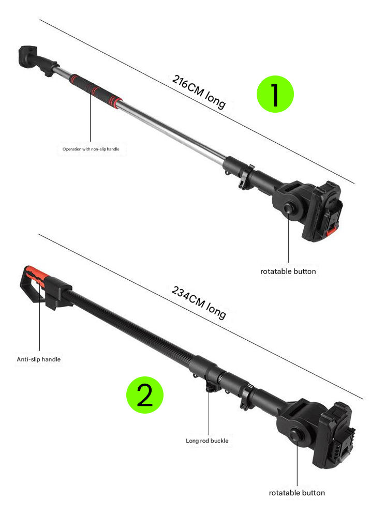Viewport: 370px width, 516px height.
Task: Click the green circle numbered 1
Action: tap(275, 94)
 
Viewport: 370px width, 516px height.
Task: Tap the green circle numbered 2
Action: tap(145, 395)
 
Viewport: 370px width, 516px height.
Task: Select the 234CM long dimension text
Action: tap(199, 302)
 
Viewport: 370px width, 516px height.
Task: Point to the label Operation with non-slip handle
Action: tap(91, 149)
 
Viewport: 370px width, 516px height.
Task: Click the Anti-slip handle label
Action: tap(38, 359)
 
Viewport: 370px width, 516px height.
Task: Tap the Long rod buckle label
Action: tap(207, 441)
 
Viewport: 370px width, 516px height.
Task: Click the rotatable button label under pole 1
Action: tap(288, 271)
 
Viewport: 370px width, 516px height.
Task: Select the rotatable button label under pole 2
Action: tap(297, 493)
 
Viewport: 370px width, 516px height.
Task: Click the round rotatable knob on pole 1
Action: tap(290, 208)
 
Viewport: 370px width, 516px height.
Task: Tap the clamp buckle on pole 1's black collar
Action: tap(245, 178)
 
